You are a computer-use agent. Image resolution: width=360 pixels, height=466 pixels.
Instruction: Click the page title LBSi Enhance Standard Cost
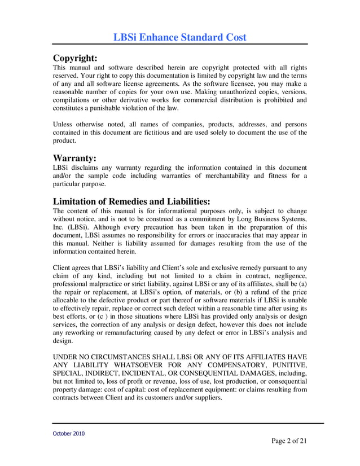coord(180,37)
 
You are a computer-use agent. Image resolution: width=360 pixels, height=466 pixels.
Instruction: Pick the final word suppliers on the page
coord(206,397)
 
